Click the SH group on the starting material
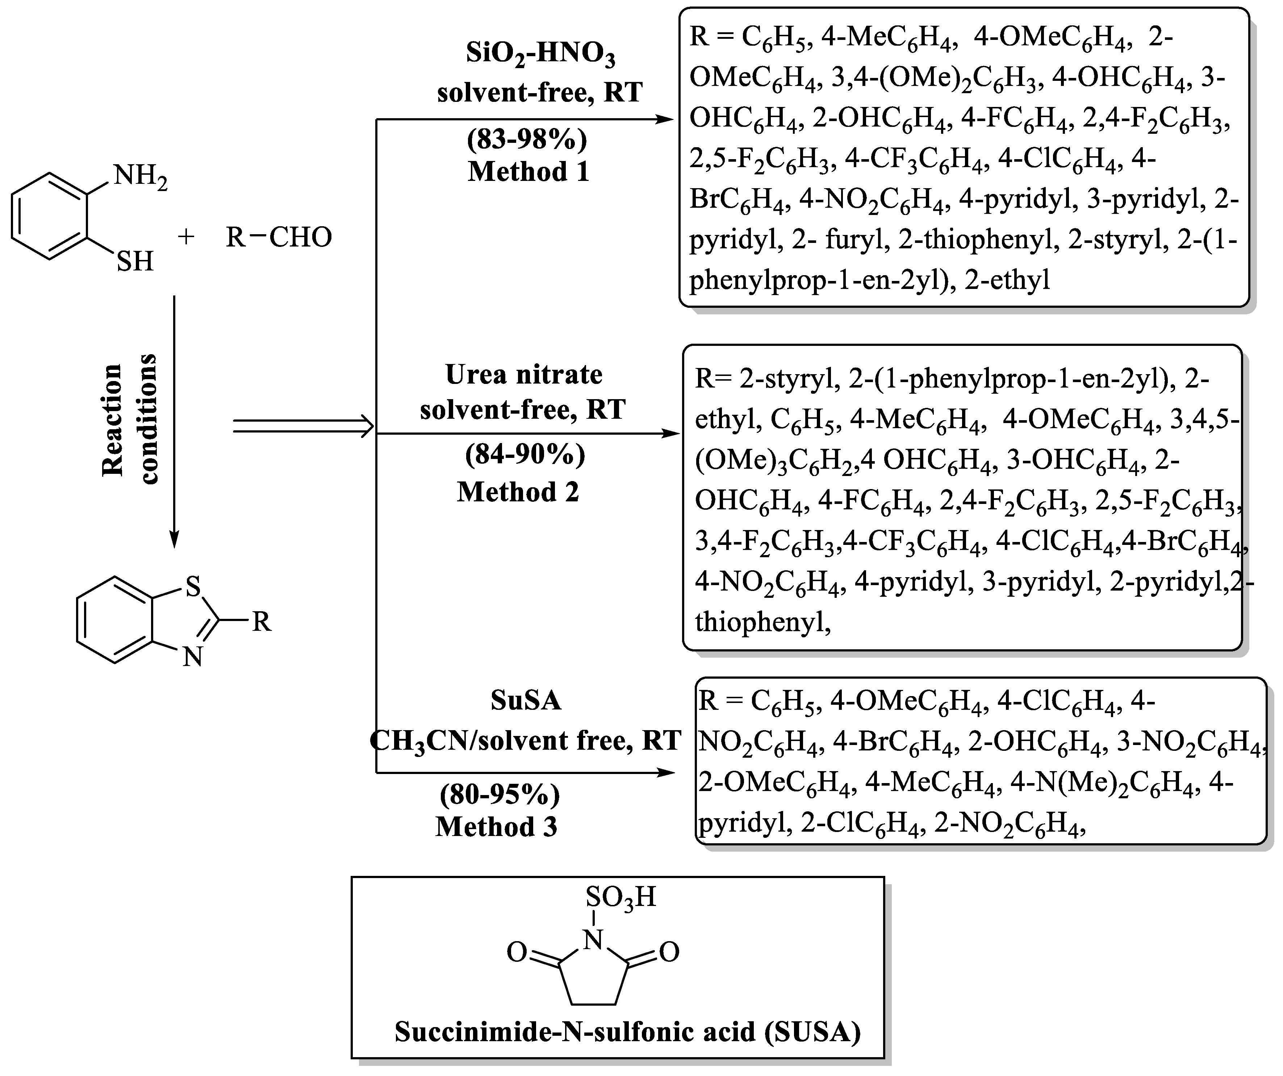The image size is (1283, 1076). click(135, 262)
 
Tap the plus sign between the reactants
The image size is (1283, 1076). click(186, 237)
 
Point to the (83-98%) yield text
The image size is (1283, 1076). click(527, 139)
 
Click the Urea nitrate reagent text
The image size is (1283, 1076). click(523, 374)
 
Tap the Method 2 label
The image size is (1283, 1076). click(518, 492)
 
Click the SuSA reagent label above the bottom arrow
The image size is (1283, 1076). click(526, 701)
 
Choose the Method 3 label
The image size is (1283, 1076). click(496, 827)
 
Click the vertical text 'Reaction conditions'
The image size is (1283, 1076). click(130, 419)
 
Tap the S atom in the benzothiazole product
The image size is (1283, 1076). click(193, 587)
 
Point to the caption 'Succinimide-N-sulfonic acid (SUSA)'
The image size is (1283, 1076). click(627, 1032)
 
